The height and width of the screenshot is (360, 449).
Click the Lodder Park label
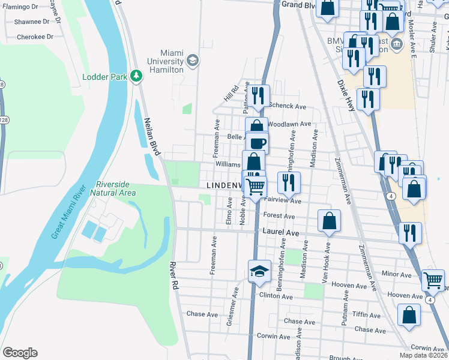[105, 77]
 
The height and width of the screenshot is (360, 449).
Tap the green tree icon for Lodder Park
[137, 76]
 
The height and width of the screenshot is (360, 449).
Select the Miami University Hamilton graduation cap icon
[192, 59]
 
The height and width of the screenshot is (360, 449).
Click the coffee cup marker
[258, 143]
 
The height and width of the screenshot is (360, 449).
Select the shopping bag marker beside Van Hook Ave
[330, 221]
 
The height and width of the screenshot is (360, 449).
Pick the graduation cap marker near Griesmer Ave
[260, 271]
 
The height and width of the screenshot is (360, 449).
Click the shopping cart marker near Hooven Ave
[433, 279]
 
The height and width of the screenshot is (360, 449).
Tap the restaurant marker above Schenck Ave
[259, 96]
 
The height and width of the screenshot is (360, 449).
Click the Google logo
[20, 353]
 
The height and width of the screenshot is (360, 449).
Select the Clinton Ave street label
[276, 296]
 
